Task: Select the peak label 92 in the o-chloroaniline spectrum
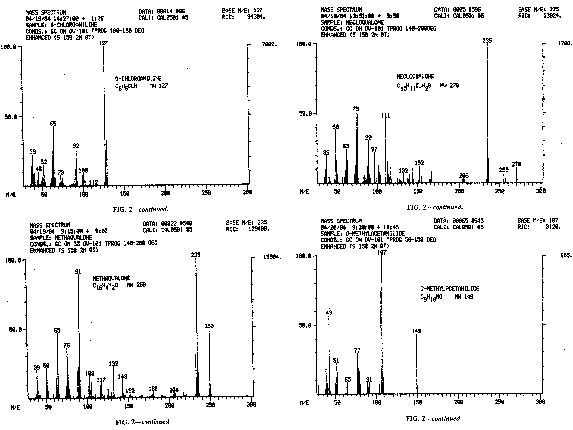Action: point(76,146)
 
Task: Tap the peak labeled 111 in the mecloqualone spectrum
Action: point(386,150)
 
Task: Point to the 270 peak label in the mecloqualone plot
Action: point(516,164)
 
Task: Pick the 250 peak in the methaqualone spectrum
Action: point(209,362)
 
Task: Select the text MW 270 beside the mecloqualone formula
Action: point(449,86)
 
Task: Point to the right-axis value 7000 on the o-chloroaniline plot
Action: point(269,44)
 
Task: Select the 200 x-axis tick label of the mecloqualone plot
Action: point(459,191)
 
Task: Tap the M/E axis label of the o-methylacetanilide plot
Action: point(304,403)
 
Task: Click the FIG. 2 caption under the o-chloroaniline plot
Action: point(141,209)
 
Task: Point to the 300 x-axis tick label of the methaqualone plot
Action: point(251,405)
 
